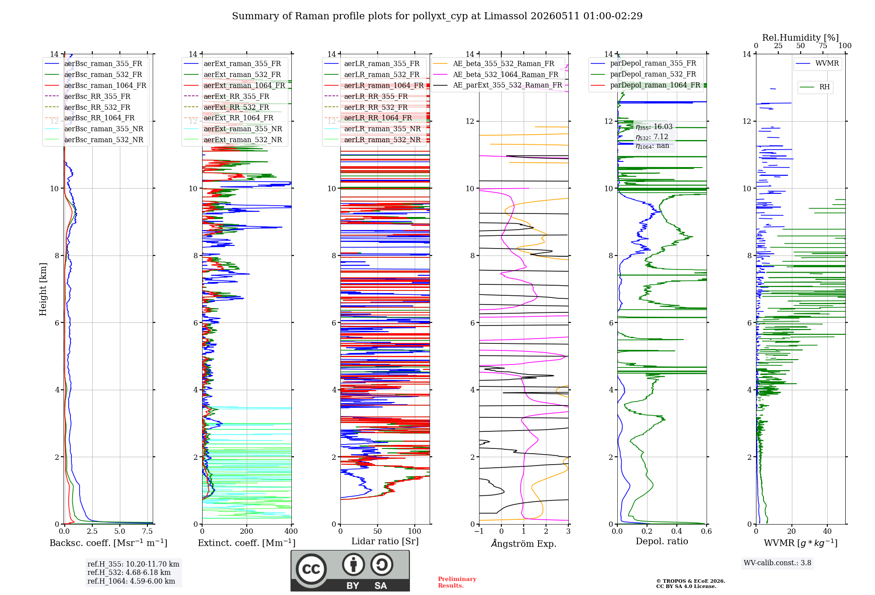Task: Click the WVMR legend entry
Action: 817,63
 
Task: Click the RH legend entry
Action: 815,87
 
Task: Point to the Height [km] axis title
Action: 43,289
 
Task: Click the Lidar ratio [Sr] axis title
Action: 385,541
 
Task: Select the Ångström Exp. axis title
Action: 524,543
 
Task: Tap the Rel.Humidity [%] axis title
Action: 801,38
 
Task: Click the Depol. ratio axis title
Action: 662,541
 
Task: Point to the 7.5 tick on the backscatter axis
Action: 147,531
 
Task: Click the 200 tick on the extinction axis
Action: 246,531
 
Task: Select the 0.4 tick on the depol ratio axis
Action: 677,531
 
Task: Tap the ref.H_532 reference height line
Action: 129,573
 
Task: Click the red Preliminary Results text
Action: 457,582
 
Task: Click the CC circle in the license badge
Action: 311,569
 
